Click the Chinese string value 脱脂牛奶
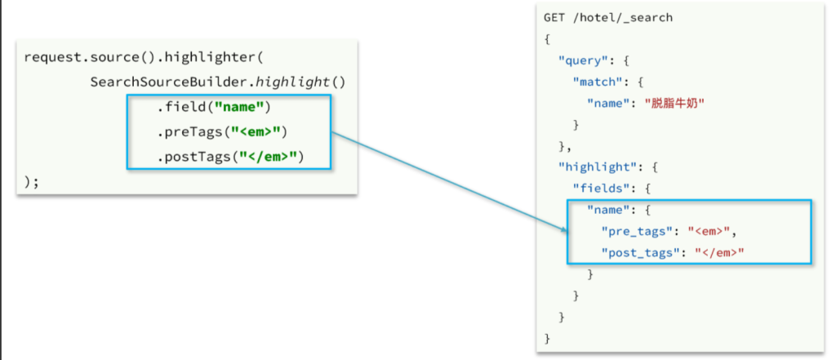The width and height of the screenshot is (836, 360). pyautogui.click(x=674, y=103)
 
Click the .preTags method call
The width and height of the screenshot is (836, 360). pyautogui.click(x=189, y=132)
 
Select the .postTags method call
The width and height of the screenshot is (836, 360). pyautogui.click(x=193, y=156)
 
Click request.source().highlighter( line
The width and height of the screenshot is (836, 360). pyautogui.click(x=143, y=57)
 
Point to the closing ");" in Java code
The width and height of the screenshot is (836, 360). pyautogui.click(x=32, y=181)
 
